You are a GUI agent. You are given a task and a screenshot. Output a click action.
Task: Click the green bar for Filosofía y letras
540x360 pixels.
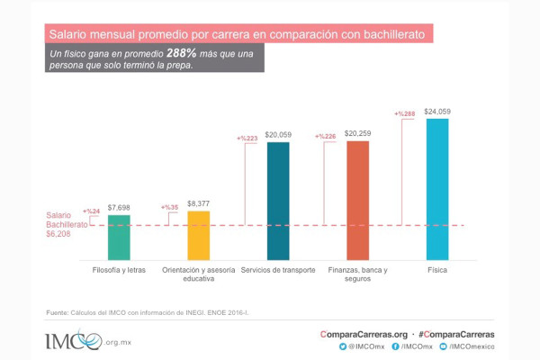pos(119,236)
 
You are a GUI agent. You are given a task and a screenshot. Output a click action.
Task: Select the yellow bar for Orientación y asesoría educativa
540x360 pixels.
pos(198,234)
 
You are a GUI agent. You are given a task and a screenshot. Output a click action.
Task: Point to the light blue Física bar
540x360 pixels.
pos(436,189)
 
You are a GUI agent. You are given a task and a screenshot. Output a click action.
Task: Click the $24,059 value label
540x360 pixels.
pos(437,112)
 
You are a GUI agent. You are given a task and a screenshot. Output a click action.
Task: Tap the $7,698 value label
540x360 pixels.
pos(120,207)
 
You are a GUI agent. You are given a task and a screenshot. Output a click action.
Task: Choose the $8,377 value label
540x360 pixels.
pos(199,203)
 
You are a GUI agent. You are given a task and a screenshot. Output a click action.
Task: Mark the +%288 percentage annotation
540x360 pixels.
pos(404,114)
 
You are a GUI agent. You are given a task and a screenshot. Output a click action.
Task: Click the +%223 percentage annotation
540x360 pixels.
pos(247,139)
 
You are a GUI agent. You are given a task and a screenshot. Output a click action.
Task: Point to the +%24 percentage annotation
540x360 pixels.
pos(90,211)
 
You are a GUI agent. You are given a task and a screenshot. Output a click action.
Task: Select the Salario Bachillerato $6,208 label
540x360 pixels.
pos(66,225)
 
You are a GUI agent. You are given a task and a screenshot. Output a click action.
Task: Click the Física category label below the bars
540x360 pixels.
pos(436,270)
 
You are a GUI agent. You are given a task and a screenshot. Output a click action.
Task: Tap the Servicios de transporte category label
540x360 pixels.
pos(278,270)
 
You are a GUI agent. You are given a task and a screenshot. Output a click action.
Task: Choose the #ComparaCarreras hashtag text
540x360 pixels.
pos(456,333)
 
